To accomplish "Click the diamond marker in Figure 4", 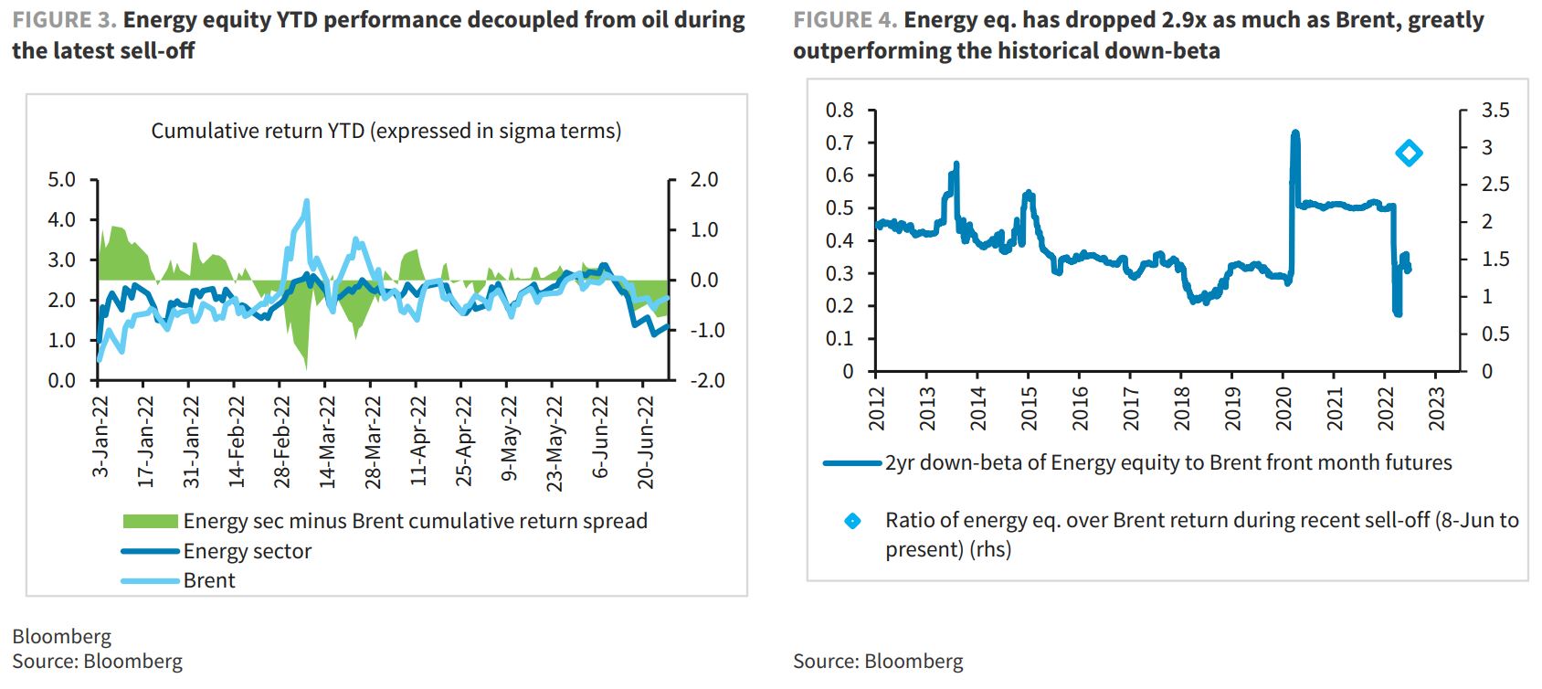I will (x=1409, y=154).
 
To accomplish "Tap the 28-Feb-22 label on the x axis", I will (x=282, y=442).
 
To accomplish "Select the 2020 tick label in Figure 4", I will (x=1283, y=408).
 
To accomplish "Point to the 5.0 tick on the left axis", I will (x=61, y=180).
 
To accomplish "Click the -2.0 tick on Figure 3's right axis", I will (x=706, y=380).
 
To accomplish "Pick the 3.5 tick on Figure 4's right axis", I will (x=1495, y=111).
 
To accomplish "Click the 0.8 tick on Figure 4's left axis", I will (x=840, y=111).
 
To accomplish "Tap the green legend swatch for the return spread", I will (x=150, y=521).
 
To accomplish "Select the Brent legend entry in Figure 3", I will (x=208, y=581).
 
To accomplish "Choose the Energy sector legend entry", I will (x=247, y=551).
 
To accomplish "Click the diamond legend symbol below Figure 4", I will (x=852, y=521).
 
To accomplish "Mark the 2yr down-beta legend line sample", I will (x=852, y=463).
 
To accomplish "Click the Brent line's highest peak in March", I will (x=306, y=202).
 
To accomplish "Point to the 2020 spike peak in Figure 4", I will (x=1294, y=134).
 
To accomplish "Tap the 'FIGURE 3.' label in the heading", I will (x=63, y=20).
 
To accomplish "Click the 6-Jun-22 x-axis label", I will (x=600, y=437).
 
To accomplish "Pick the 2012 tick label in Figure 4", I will (x=876, y=408).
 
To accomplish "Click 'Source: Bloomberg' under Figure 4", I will (x=877, y=662).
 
